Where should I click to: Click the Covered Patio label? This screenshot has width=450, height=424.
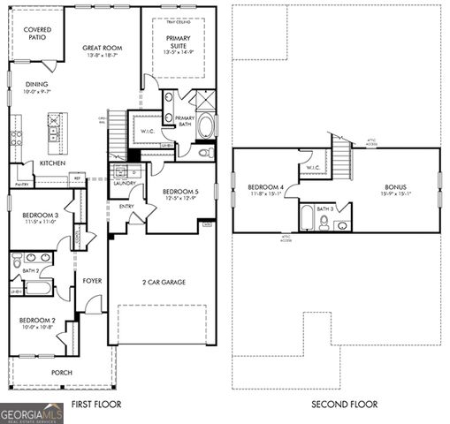(x=37, y=34)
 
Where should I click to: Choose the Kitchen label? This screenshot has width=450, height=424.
(x=52, y=163)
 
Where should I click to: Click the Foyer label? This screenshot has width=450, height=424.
(x=93, y=281)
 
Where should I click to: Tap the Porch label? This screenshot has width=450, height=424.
(x=62, y=373)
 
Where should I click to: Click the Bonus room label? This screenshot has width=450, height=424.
(x=395, y=187)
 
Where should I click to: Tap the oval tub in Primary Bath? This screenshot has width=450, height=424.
(x=206, y=125)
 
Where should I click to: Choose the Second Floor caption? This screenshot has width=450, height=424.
(x=344, y=405)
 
